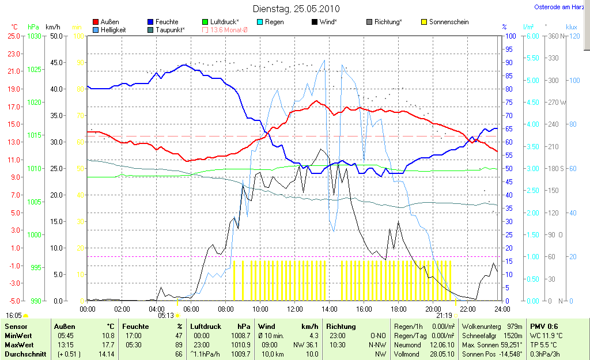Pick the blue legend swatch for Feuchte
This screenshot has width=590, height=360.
[150, 22]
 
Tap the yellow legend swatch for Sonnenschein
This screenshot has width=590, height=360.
[425, 22]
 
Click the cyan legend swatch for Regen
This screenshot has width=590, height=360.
[260, 22]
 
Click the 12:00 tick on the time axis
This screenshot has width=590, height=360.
[294, 309]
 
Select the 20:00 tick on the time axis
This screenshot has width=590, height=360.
[433, 309]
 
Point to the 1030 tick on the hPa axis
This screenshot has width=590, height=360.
[35, 36]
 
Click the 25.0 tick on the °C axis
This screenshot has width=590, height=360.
[13, 36]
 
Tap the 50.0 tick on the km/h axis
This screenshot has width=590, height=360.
[56, 36]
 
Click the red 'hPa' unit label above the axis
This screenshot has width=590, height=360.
[33, 27]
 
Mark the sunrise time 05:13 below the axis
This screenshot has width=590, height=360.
[166, 316]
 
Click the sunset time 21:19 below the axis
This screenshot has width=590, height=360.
[444, 316]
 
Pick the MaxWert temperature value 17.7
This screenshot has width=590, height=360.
[108, 344]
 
